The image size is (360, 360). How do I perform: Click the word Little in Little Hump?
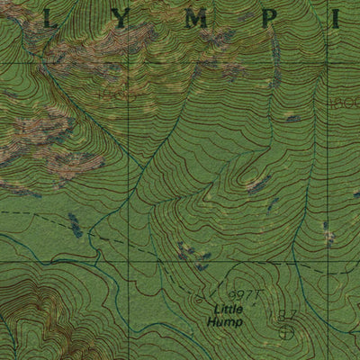(220, 309)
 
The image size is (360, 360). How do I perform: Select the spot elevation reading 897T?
(242, 294)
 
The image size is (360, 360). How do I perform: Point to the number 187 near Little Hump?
(287, 314)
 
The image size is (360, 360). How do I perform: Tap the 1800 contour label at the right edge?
(346, 103)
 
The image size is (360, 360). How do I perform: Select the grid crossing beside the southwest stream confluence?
(127, 262)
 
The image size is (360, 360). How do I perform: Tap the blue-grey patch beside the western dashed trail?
(76, 225)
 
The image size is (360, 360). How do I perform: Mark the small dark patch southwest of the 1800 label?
(292, 118)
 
